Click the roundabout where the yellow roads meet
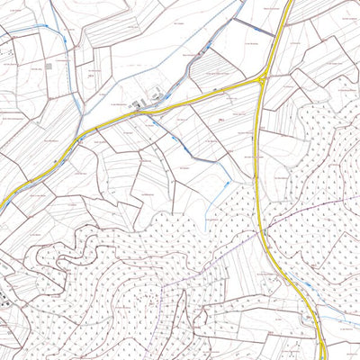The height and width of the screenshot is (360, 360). point(261,80)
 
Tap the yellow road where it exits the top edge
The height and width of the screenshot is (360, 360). point(290,3)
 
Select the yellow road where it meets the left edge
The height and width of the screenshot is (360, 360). point(3,207)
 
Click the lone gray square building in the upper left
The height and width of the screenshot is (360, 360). point(49,67)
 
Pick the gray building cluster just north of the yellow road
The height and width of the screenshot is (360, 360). point(144,103)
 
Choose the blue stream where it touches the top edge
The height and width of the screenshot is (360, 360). point(243,3)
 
